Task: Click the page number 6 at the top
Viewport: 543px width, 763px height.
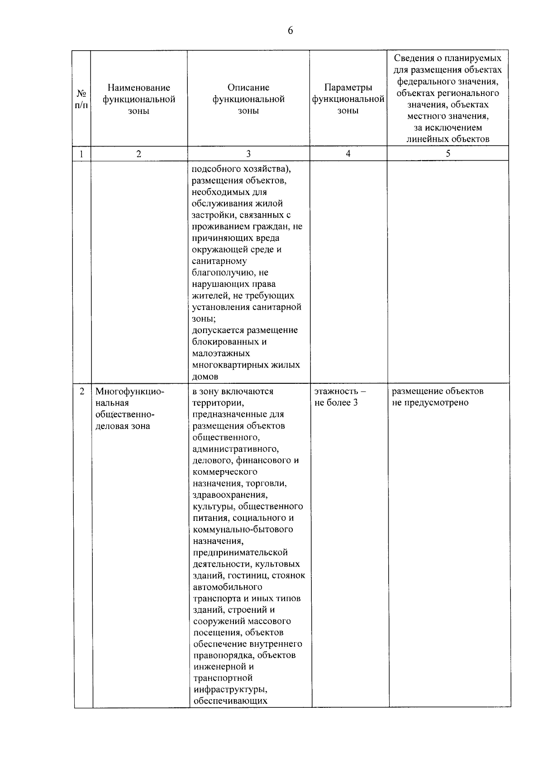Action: [x=290, y=30]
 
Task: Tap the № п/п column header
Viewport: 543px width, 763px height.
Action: [x=81, y=99]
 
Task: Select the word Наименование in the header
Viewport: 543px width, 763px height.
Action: [x=139, y=88]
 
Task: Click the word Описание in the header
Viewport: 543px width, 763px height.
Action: [x=248, y=88]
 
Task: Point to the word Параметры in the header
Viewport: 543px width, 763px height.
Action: [x=348, y=88]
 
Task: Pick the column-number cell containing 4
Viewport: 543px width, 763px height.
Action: [x=348, y=154]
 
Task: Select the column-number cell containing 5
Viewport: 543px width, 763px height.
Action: [x=448, y=154]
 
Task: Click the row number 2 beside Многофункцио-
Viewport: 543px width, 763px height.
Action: [x=82, y=391]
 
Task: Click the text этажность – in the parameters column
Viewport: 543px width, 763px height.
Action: [x=340, y=391]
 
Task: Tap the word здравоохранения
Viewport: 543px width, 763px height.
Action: [x=229, y=495]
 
